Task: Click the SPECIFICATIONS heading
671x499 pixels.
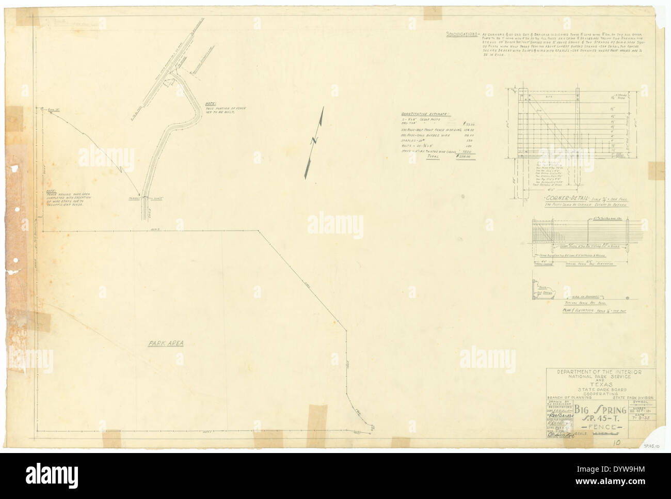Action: point(461,35)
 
